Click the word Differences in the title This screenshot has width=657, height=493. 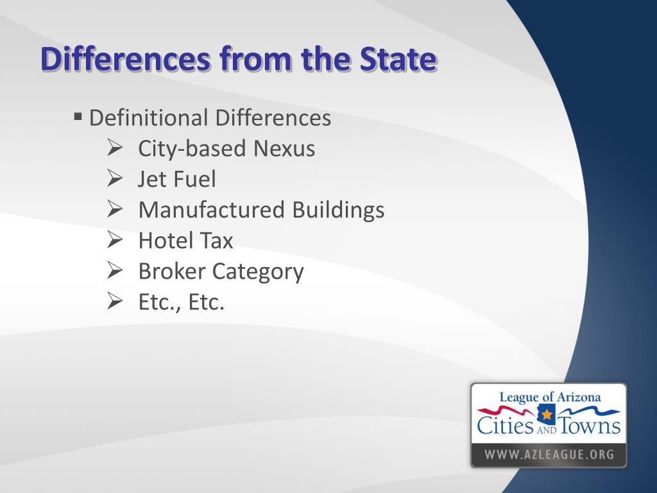coord(126,60)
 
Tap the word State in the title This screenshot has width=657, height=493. coord(398,60)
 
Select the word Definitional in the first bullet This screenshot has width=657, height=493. coord(149,118)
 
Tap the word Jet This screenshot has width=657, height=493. coord(151,179)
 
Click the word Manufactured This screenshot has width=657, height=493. coord(212,210)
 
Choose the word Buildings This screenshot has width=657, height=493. coord(338,210)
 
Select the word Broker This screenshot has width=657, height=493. coord(171,272)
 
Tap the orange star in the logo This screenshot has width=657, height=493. coord(546,414)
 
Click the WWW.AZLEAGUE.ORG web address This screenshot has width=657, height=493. coord(549,455)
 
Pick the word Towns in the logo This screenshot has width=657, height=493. coord(590,426)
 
